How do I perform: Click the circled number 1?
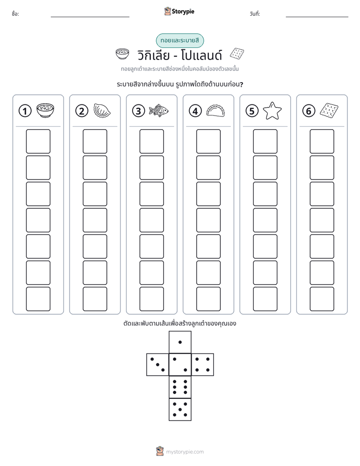[25, 111]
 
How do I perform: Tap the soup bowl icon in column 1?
[45, 110]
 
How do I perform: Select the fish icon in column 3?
[159, 110]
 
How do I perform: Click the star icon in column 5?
[272, 110]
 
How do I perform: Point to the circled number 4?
[195, 111]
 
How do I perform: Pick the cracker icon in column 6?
[329, 110]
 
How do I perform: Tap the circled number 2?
[82, 111]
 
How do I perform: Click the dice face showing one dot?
[180, 342]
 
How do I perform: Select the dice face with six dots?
[180, 387]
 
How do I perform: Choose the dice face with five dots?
[180, 410]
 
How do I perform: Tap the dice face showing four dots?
[203, 365]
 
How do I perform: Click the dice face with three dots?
[158, 365]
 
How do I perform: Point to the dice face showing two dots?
[180, 365]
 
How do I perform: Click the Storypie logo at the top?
[179, 11]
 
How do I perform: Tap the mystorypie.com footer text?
[185, 452]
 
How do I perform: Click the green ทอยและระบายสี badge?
[180, 40]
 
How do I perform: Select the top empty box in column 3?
[151, 141]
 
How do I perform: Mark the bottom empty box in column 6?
[322, 299]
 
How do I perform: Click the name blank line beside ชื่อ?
[90, 17]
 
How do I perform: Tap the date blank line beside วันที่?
[317, 17]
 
